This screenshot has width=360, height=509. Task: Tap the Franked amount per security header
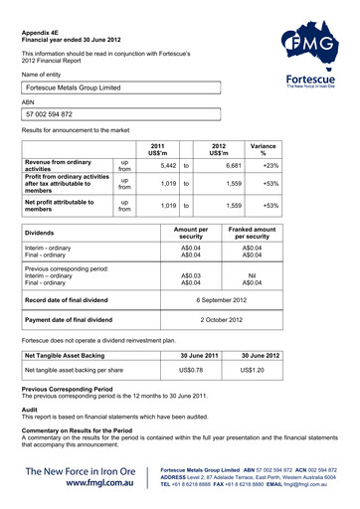[x=253, y=234]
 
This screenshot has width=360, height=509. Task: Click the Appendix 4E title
[x=44, y=32]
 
